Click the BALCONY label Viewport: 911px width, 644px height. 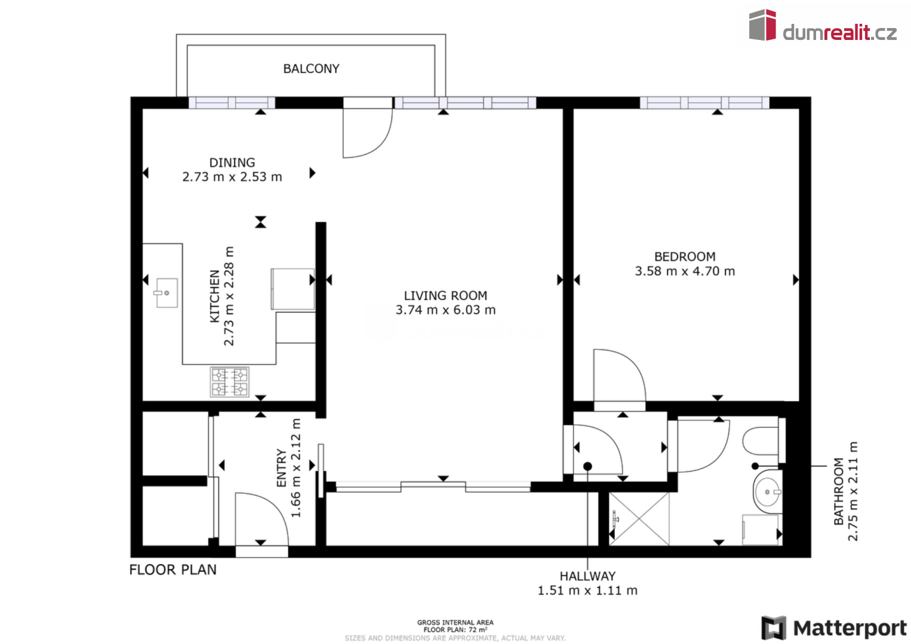click(x=311, y=69)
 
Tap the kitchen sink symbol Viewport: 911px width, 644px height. click(x=167, y=293)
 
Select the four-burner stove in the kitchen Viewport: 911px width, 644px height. click(x=229, y=382)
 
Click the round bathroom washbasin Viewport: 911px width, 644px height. click(x=767, y=491)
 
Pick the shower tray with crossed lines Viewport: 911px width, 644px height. click(x=639, y=519)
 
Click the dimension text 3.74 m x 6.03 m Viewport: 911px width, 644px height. click(x=446, y=310)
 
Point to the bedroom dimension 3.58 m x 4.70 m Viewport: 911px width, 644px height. click(x=685, y=271)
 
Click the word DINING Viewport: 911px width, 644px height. click(x=232, y=163)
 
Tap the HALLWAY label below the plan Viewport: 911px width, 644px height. click(x=587, y=576)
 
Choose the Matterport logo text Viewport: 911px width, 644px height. click(x=850, y=628)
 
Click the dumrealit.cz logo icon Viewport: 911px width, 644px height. click(x=762, y=25)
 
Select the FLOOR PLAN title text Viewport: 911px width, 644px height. click(x=173, y=569)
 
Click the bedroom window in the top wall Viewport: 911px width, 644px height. click(x=704, y=103)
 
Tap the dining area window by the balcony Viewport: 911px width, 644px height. click(x=232, y=103)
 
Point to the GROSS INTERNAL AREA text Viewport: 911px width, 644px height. click(x=455, y=622)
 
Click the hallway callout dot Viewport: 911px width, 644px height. click(x=587, y=466)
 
